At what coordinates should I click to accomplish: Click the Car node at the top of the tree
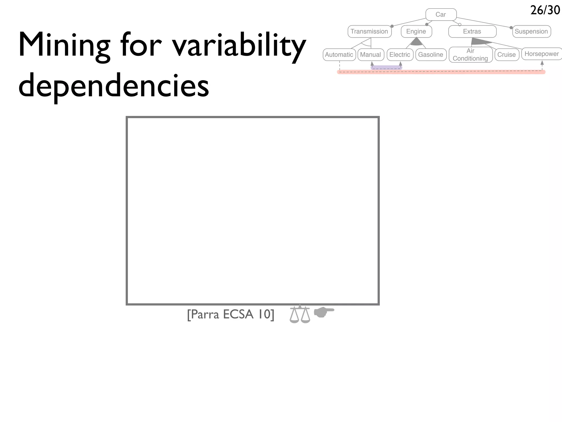point(441,15)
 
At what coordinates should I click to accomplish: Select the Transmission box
point(369,31)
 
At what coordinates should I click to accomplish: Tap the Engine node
point(416,31)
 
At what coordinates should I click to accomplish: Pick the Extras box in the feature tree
point(472,31)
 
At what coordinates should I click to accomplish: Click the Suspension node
point(531,31)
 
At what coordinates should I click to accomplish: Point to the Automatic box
point(339,54)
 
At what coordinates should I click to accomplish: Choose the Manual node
point(370,54)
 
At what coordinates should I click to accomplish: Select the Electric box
point(400,54)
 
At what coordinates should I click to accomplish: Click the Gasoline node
point(431,54)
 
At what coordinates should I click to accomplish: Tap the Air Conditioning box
point(470,54)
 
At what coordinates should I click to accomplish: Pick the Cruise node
point(507,54)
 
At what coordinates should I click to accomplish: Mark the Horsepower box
point(542,54)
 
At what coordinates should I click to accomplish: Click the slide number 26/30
point(545,10)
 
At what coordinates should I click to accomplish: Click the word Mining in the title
point(64,45)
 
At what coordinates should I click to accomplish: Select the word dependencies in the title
point(114,85)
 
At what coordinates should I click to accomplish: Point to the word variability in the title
point(239,45)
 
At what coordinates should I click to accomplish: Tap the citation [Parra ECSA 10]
point(231,314)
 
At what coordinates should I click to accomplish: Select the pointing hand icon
point(324,312)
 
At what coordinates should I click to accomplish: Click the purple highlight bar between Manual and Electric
point(386,67)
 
